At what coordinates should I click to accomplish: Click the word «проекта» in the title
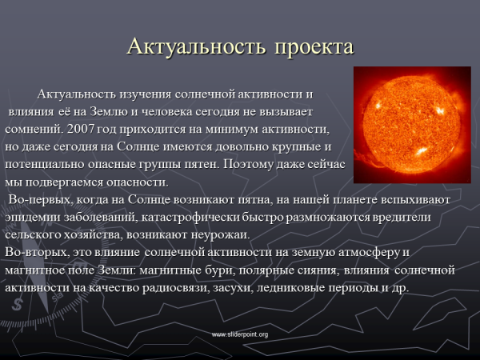(x=313, y=47)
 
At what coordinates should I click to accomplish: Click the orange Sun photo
(x=411, y=125)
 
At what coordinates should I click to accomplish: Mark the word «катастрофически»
(x=212, y=217)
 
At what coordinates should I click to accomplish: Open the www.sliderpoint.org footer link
(x=239, y=334)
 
